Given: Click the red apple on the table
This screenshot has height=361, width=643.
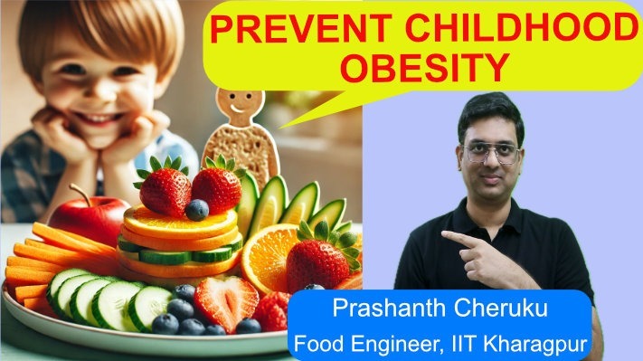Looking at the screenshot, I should click(x=87, y=217).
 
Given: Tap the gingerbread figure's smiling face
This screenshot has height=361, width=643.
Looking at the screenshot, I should click(x=233, y=108).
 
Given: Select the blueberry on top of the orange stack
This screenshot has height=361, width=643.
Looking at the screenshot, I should click(x=197, y=210).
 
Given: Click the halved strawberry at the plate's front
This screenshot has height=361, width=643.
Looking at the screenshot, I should click(x=225, y=299).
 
